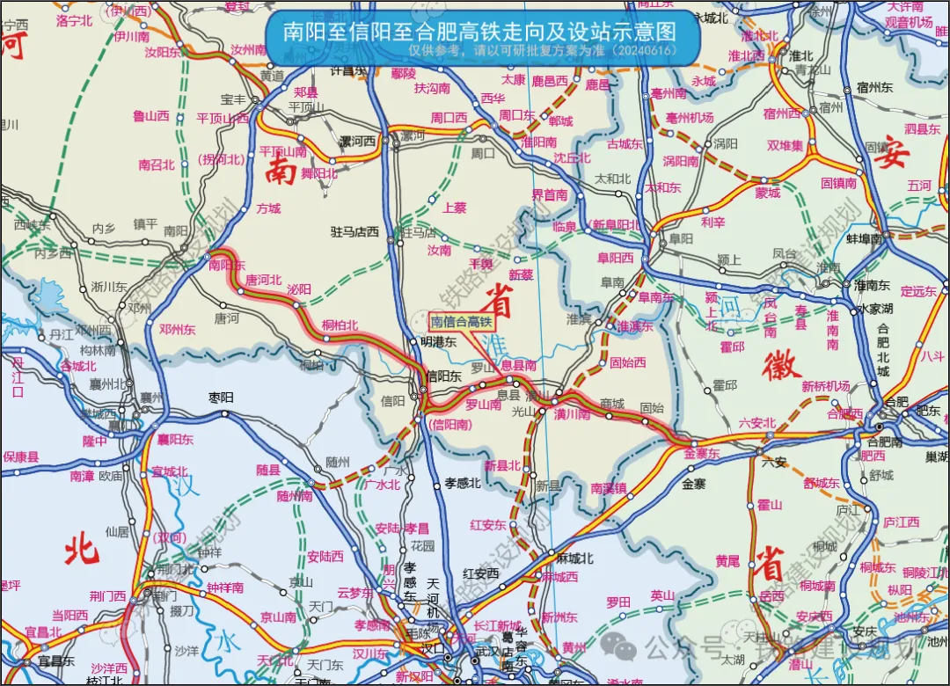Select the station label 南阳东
coord(227,264)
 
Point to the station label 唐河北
coord(264,280)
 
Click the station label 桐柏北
coord(340,325)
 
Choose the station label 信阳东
coord(443,376)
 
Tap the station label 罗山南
coord(483,405)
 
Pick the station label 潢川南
coord(572,414)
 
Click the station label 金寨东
coord(701,453)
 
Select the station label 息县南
coord(519,365)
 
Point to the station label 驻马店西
coord(354,232)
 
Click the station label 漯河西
coord(358,141)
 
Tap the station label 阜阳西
coord(615,258)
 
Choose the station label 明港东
coord(438,342)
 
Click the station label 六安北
coord(757,424)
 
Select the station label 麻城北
coord(575,558)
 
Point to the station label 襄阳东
coord(175,439)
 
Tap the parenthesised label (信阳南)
coord(451,424)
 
